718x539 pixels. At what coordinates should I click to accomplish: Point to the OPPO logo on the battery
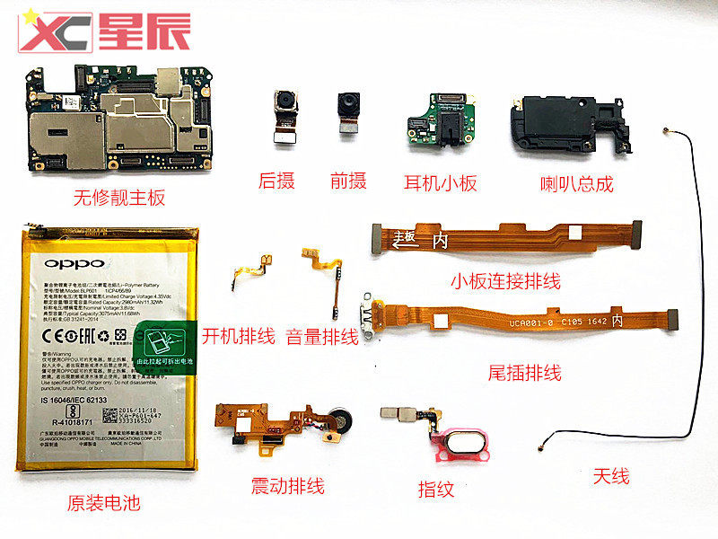tap(74, 264)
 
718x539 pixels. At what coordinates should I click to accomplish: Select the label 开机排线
tap(238, 337)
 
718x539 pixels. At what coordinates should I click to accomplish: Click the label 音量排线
tap(321, 337)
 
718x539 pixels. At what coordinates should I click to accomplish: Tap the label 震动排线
tap(288, 487)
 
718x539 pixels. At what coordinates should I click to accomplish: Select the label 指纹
tap(436, 489)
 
